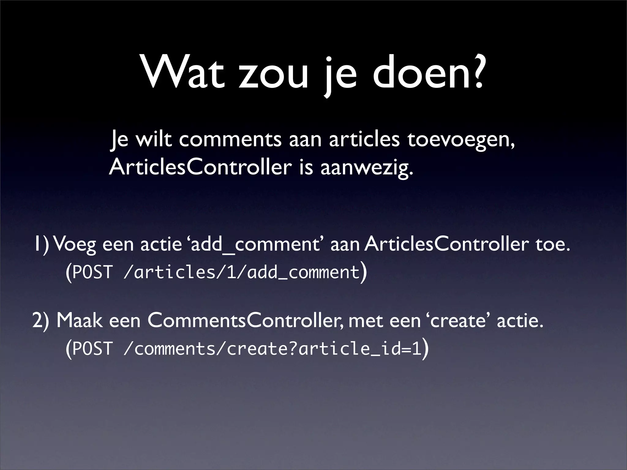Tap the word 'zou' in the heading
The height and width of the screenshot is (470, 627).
273,76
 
